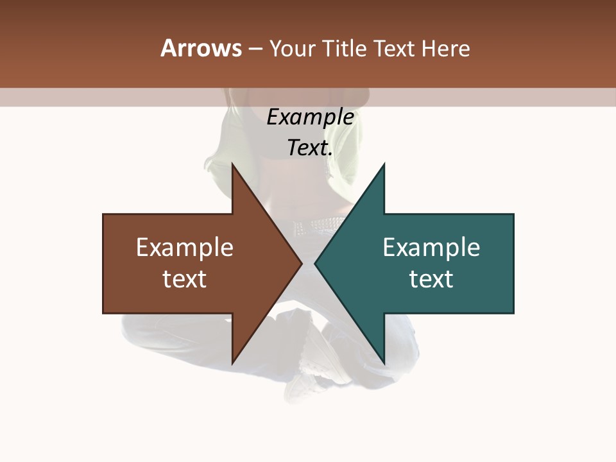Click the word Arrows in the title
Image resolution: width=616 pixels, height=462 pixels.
click(201, 48)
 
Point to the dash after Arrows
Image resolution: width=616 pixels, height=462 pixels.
click(255, 49)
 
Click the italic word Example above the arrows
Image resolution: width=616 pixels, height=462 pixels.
click(310, 117)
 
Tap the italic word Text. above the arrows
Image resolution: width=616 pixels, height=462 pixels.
click(310, 148)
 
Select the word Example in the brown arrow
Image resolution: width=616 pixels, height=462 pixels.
click(185, 248)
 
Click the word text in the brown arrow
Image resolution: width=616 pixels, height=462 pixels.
click(185, 278)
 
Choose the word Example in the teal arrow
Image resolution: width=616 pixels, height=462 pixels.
click(431, 248)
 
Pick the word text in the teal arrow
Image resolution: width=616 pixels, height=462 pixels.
click(431, 278)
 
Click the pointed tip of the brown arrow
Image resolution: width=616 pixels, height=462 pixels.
click(302, 263)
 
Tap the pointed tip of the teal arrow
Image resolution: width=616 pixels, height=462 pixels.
click(315, 263)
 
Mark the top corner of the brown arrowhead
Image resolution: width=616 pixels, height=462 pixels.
click(232, 164)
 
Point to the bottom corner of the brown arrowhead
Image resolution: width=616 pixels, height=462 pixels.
click(232, 363)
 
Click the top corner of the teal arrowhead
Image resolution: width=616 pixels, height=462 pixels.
click(384, 164)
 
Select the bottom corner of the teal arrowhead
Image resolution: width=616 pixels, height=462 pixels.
click(384, 363)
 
